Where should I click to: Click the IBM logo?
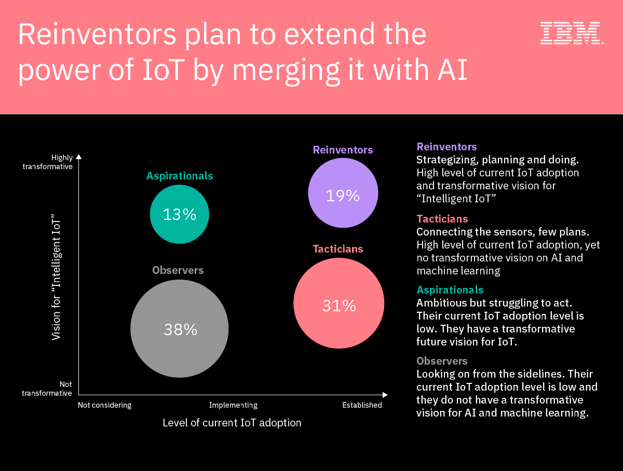point(571,33)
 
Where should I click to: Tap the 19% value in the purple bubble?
point(343,196)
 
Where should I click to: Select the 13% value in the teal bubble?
point(180,214)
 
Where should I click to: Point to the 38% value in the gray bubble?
point(181,329)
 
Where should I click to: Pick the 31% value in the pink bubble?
point(339,306)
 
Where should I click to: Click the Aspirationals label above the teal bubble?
point(180,176)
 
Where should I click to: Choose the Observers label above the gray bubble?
point(178,270)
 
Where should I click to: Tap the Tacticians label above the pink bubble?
point(338,249)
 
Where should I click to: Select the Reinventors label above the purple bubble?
point(343,150)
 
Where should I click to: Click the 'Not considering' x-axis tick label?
point(105,405)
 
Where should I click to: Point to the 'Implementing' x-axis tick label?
point(233,405)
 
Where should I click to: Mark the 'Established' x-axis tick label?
point(362,405)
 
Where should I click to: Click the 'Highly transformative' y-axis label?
point(48,162)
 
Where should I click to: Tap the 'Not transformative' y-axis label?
point(47,389)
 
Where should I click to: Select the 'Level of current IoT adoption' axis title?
point(232,423)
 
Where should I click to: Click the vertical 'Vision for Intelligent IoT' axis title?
point(57,280)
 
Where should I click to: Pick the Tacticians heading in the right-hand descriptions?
point(442,219)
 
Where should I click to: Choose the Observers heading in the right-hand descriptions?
point(442,361)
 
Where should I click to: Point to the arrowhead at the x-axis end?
point(385,395)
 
